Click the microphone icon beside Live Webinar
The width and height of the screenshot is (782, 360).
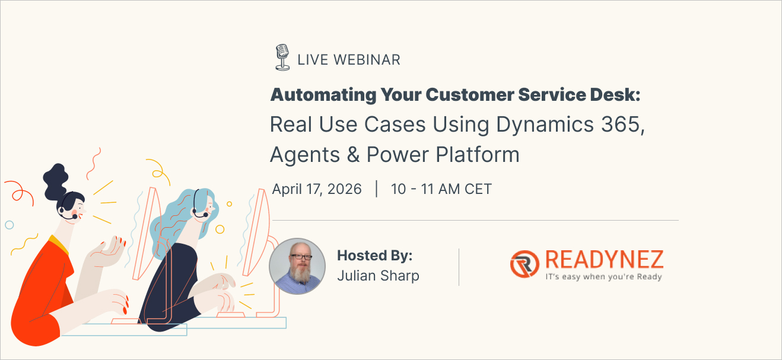[282, 57]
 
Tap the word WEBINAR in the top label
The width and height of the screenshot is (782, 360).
[367, 60]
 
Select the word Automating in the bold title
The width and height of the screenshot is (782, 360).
[323, 95]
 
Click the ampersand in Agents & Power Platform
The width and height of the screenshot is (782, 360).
[353, 155]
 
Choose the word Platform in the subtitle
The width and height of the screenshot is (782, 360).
[478, 154]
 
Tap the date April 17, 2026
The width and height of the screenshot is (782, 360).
[317, 189]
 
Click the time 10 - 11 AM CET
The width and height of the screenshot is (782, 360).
[441, 189]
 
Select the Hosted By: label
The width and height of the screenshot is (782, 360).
[374, 256]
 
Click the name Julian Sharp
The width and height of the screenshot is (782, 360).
[378, 276]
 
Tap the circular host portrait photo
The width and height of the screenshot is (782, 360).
[297, 266]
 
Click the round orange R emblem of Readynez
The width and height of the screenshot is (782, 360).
[524, 264]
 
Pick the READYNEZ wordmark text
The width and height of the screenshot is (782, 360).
[605, 260]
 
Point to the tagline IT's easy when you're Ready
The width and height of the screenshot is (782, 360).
[603, 276]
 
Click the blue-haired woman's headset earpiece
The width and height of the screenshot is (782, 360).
[194, 211]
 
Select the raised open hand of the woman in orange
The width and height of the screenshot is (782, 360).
[107, 250]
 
